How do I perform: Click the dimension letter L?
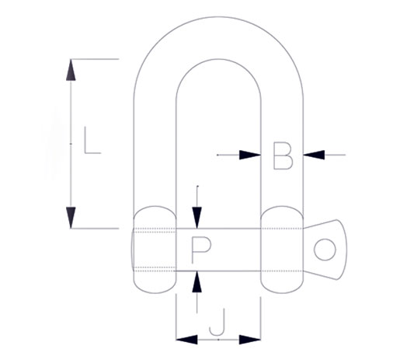click(92, 142)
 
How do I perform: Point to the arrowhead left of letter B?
click(250, 156)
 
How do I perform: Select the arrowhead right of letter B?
click(313, 156)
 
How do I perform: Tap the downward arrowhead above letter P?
click(199, 218)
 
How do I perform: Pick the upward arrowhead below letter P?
click(199, 281)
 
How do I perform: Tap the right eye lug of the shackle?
click(281, 250)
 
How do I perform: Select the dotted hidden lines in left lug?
click(155, 230)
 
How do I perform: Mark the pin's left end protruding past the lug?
click(133, 250)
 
